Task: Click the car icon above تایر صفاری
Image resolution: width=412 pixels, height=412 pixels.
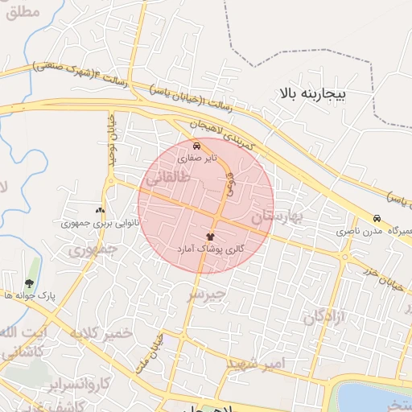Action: click(198, 146)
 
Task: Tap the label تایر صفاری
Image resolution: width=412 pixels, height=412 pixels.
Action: click(198, 159)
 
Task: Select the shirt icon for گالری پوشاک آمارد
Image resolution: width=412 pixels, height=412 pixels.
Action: click(210, 237)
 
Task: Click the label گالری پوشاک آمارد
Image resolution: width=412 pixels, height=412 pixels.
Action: click(210, 251)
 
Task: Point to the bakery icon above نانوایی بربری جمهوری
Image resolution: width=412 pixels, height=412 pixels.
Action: click(101, 208)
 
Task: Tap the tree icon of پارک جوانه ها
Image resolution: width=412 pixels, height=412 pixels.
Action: click(30, 282)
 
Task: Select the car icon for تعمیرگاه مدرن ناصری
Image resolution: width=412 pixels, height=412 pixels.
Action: click(377, 219)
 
